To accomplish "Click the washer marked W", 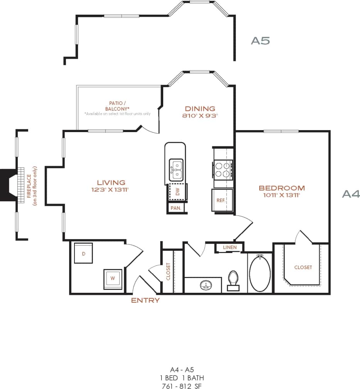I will pos(113,278).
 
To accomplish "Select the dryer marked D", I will pos(83,253).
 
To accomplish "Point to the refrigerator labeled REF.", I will pos(221,200).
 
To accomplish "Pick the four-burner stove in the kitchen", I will pos(223,169).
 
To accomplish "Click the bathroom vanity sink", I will pos(205,286).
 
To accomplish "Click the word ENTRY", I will pos(145,300).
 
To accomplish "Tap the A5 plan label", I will pos(260,41).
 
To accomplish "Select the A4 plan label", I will pos(351,194).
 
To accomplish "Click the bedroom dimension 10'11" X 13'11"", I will pos(282,195).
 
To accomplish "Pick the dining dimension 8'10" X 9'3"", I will pos(199,116).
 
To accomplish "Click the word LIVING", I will pos(111,182).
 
